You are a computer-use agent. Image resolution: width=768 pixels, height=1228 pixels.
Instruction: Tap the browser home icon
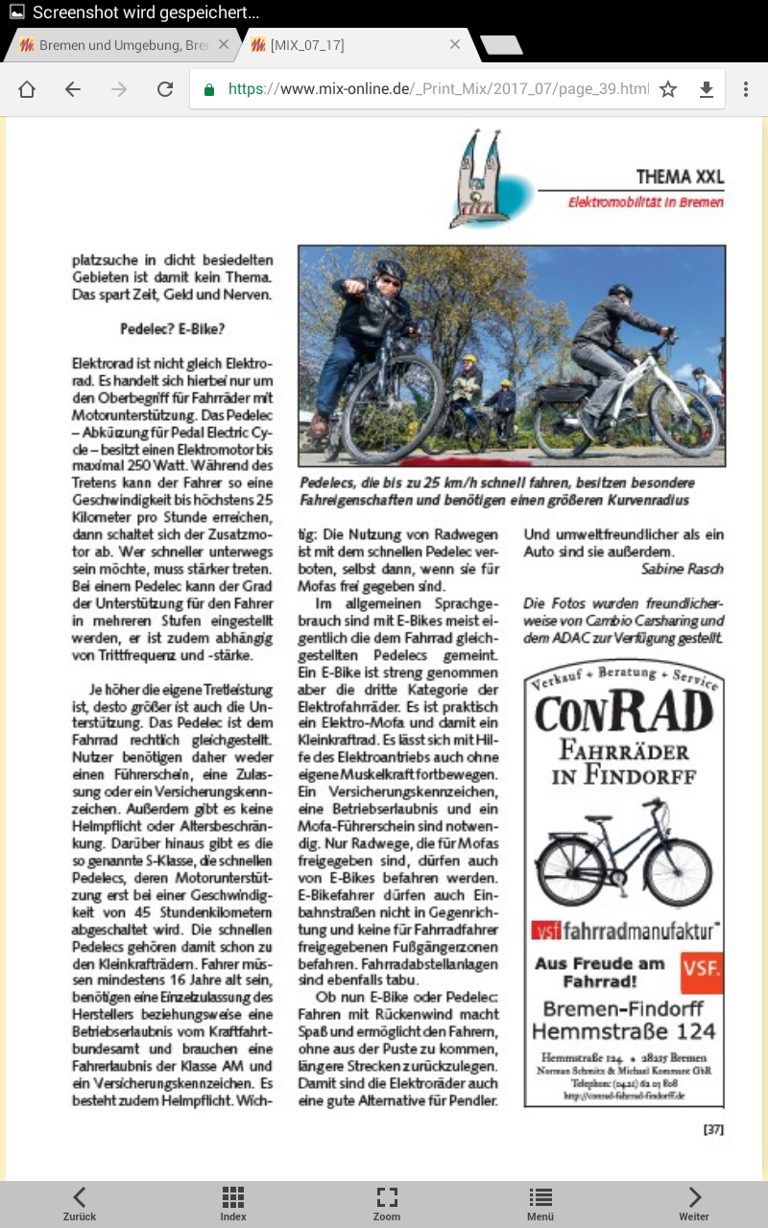(27, 89)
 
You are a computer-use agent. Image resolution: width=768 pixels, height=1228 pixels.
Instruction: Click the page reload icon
(165, 89)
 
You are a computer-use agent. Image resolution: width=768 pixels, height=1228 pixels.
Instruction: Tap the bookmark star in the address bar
(668, 89)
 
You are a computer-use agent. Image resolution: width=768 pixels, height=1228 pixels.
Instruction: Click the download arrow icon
(707, 89)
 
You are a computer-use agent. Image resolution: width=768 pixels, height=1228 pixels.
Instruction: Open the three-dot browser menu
(746, 89)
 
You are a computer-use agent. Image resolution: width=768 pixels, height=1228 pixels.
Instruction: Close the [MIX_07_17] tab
(455, 45)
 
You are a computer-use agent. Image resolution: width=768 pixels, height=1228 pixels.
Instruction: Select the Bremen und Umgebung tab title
(123, 45)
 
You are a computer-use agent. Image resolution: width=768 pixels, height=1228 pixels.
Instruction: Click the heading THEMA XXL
(680, 177)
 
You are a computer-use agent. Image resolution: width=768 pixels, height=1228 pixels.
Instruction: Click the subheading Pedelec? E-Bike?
(173, 328)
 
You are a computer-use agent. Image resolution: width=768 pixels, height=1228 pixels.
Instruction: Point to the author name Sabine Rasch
(682, 569)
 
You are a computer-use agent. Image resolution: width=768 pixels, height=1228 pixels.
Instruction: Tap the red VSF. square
(702, 972)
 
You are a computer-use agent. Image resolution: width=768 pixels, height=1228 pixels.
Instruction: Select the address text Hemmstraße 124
(623, 1031)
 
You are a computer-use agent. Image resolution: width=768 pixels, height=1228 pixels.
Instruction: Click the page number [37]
(713, 1129)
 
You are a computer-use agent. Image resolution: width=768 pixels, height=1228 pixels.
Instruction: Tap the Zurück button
(80, 1203)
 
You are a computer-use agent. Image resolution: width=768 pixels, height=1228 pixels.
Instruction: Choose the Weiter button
(693, 1203)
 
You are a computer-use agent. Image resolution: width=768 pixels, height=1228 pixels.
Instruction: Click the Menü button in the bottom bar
(540, 1203)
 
